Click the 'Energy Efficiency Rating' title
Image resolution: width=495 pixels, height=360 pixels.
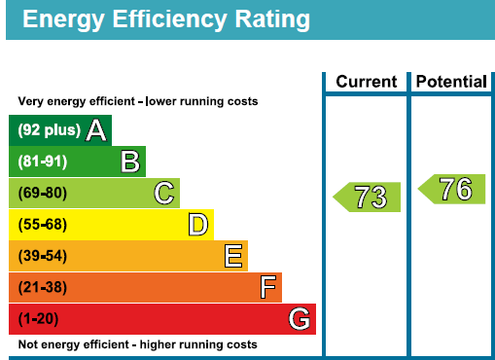[166, 20]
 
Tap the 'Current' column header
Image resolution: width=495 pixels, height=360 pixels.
[367, 82]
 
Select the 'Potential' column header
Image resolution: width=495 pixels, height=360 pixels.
[451, 82]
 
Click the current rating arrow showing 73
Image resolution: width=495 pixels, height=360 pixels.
[367, 197]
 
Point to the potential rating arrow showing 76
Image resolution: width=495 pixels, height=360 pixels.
[451, 189]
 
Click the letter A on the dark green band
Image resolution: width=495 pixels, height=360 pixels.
[96, 130]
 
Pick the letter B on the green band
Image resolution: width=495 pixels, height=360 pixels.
[130, 162]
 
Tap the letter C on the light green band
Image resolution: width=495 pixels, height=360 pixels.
[164, 193]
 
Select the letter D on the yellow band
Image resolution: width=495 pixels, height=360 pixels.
[198, 225]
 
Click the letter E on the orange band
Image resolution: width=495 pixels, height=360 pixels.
[233, 256]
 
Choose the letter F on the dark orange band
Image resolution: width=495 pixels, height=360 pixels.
[268, 287]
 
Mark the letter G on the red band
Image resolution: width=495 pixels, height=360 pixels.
[300, 319]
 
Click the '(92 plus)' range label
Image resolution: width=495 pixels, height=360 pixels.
[50, 130]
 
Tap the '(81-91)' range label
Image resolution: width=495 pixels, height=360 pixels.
[43, 162]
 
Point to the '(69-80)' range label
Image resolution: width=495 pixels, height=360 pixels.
[43, 193]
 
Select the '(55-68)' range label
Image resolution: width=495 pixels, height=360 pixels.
[43, 225]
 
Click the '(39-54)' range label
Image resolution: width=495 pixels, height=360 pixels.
[43, 256]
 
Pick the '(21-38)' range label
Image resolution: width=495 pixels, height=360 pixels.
[43, 287]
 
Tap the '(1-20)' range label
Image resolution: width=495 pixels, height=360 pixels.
[38, 319]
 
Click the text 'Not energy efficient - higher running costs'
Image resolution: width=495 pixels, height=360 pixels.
[138, 344]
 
